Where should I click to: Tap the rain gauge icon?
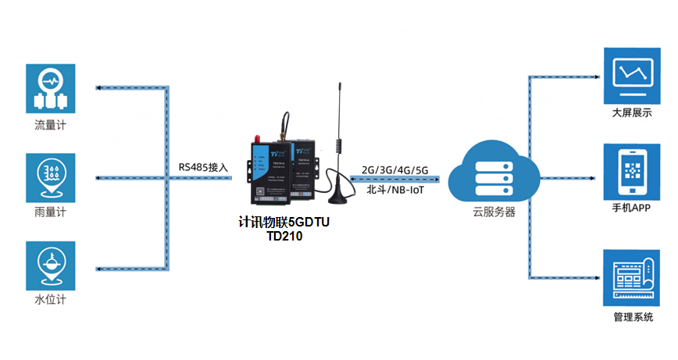[x=51, y=176]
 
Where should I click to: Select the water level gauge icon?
[x=51, y=265]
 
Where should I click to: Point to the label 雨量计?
[x=51, y=212]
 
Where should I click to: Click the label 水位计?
[x=51, y=300]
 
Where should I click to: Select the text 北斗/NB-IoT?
[x=395, y=189]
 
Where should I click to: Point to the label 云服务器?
[x=500, y=212]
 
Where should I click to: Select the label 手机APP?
[x=632, y=209]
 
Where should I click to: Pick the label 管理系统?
[x=632, y=317]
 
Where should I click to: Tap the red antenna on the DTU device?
[x=254, y=143]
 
